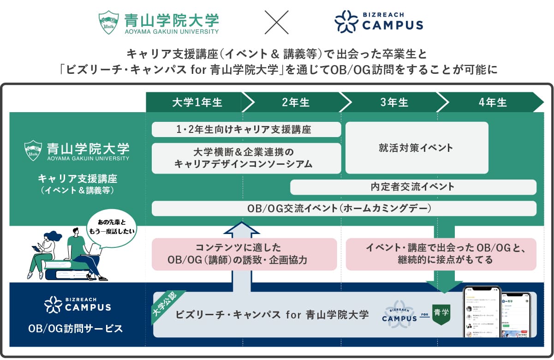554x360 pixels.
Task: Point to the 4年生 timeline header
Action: [x=492, y=102]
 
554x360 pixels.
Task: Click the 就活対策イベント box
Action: [x=417, y=148]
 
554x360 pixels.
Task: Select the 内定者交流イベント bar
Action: [x=413, y=187]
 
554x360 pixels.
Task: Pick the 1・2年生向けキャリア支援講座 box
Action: [x=246, y=129]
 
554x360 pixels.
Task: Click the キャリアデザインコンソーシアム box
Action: [x=246, y=158]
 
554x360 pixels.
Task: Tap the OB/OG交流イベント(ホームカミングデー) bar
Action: [x=344, y=208]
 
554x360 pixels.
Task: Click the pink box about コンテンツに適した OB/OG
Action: [x=244, y=254]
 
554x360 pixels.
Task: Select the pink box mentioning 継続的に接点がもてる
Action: [x=441, y=254]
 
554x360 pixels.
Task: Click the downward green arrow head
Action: [x=444, y=286]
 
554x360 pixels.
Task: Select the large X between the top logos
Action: [x=276, y=22]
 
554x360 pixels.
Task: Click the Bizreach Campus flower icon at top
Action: [x=346, y=22]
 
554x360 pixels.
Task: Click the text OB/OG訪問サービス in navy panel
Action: [x=75, y=329]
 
